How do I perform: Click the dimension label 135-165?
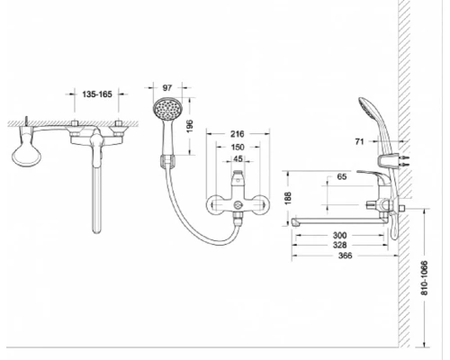tap(97, 94)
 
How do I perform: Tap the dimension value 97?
tap(167, 87)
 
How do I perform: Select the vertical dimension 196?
tap(190, 126)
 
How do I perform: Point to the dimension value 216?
tap(238, 134)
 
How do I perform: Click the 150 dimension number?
tap(238, 147)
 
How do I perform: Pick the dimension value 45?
tap(238, 158)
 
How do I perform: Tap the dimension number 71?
tap(359, 141)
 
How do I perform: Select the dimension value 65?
tap(342, 176)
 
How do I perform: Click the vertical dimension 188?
tap(288, 198)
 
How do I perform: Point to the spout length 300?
tap(339, 235)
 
